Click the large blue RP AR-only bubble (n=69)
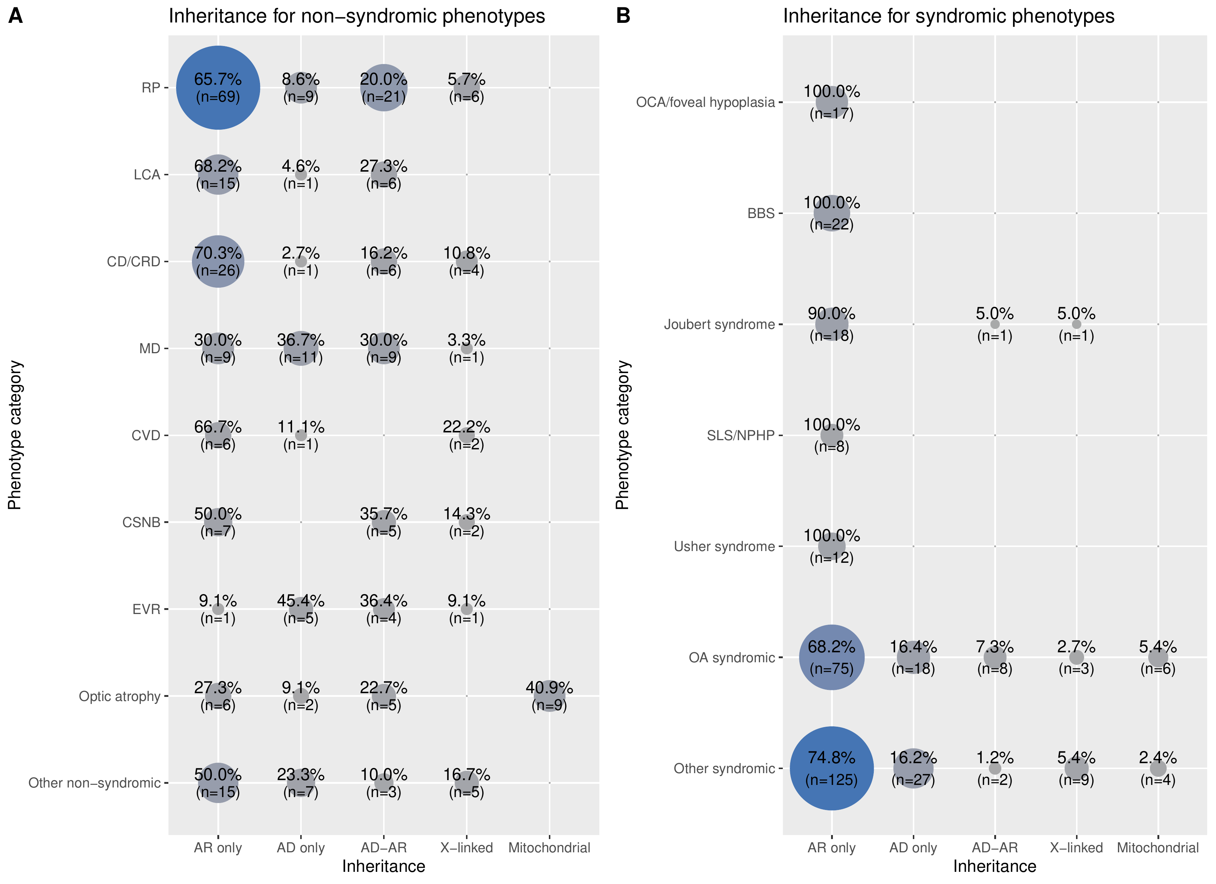pos(218,87)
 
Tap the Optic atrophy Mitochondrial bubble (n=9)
pos(549,695)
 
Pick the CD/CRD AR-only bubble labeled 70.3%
pos(218,261)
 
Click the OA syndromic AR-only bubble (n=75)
pos(831,657)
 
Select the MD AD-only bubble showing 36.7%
pos(301,348)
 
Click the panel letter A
pos(15,15)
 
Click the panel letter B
pos(623,15)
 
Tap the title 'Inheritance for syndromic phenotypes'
pos(949,16)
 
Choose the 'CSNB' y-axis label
pos(141,522)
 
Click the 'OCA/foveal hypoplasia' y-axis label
pos(705,102)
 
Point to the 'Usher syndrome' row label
pos(724,546)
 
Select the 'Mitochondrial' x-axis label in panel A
pos(549,848)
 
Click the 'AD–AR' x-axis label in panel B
pos(995,848)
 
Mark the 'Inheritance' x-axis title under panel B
pos(995,866)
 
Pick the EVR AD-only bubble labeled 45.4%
pos(301,608)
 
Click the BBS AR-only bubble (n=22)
pos(831,213)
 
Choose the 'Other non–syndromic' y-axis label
pos(94,783)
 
